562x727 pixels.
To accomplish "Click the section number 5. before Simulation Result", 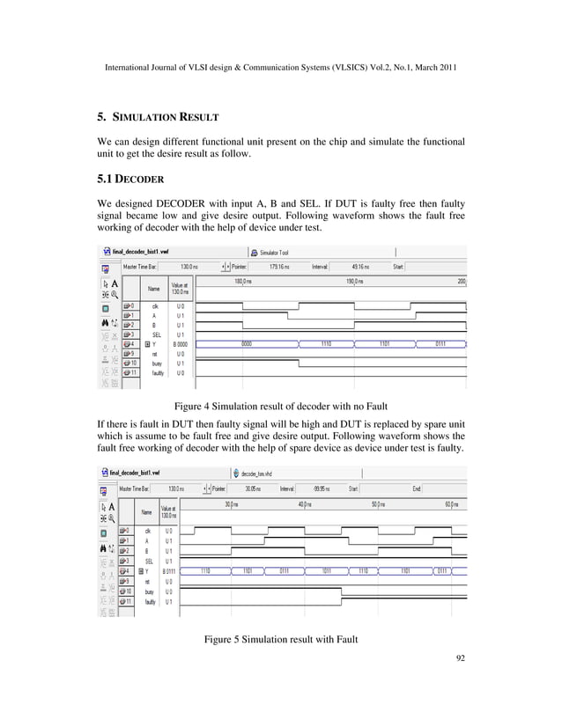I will pyautogui.click(x=101, y=116).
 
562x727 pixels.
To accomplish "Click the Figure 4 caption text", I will pyautogui.click(x=280, y=407).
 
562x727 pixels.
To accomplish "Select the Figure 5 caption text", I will pyautogui.click(x=280, y=637).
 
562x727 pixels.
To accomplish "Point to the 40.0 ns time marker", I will pyautogui.click(x=303, y=503).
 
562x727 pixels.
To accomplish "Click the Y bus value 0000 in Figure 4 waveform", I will pyautogui.click(x=248, y=344).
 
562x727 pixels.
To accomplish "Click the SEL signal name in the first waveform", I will pyautogui.click(x=156, y=334).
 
